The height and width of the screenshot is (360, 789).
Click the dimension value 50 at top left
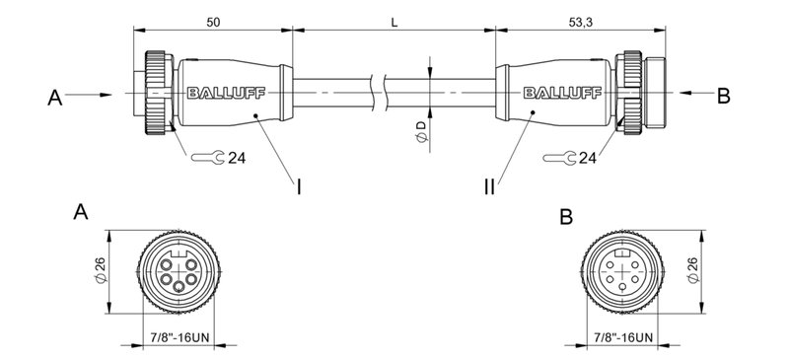click(213, 21)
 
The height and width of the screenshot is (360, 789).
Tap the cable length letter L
click(394, 21)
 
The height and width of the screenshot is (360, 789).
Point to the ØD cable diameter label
click(421, 134)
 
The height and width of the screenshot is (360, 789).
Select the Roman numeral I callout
click(299, 185)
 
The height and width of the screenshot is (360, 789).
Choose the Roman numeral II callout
click(490, 185)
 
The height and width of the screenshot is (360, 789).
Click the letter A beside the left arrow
click(54, 97)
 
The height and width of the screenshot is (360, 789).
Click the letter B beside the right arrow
click(723, 97)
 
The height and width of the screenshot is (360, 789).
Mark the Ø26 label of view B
click(692, 273)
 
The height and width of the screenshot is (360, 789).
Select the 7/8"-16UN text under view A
click(173, 338)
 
